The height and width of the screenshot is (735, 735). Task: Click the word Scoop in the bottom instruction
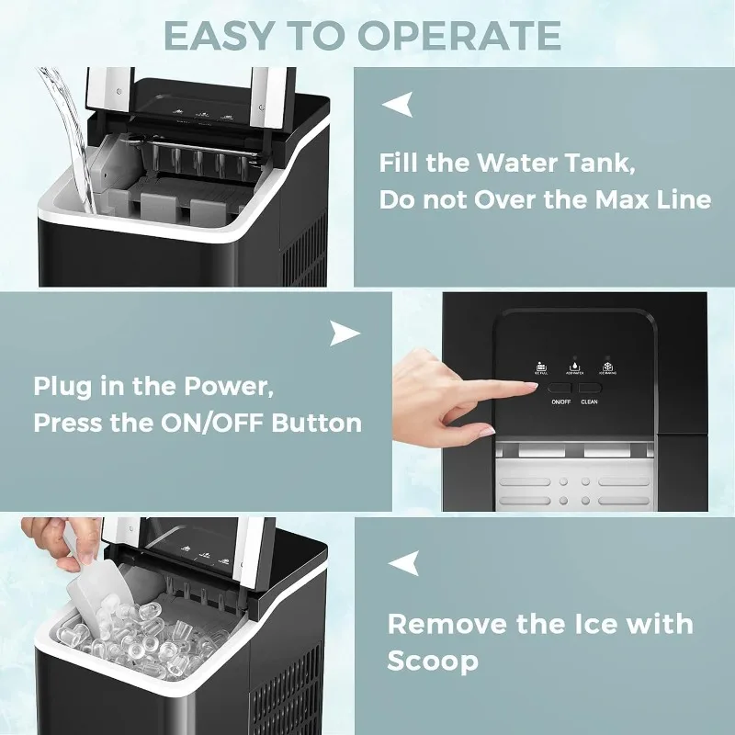pos(432,661)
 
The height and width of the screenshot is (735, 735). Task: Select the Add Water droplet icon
pos(574,366)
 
